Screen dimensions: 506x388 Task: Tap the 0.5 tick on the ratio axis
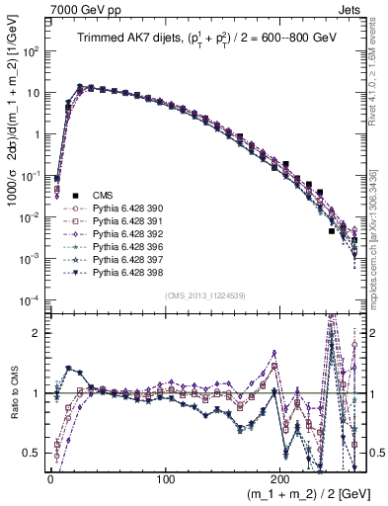(x=36, y=453)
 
